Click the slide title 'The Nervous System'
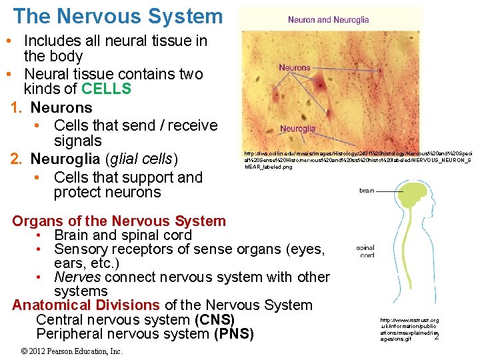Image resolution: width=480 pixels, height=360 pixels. (117, 16)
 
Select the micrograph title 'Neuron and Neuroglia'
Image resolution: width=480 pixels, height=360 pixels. (328, 20)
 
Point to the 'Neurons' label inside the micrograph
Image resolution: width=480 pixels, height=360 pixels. (295, 67)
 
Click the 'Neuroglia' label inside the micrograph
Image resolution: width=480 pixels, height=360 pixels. (298, 129)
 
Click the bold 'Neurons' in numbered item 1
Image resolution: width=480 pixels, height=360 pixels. (61, 107)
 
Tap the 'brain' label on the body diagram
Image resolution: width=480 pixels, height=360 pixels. (367, 191)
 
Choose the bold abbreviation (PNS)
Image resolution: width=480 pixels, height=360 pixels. (233, 334)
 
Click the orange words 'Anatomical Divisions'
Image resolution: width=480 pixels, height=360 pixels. (86, 305)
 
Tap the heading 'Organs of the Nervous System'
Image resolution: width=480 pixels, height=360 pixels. (119, 221)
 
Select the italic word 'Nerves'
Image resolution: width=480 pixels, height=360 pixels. (77, 277)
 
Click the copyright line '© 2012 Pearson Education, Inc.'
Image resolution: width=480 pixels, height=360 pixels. (72, 351)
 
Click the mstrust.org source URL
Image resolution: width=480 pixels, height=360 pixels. (408, 329)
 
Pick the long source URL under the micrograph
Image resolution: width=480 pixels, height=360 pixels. (358, 160)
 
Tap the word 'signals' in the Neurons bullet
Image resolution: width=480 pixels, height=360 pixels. (78, 141)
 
